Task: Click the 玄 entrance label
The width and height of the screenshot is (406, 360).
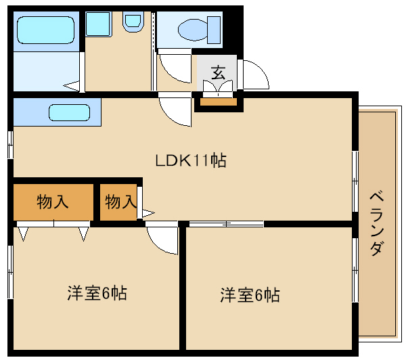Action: pyautogui.click(x=217, y=72)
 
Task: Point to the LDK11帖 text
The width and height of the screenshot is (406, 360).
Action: pyautogui.click(x=190, y=161)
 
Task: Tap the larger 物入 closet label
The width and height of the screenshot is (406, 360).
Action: pyautogui.click(x=52, y=202)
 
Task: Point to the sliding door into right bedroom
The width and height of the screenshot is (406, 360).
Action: pyautogui.click(x=226, y=223)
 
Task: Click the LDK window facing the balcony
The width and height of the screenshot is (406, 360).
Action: pyautogui.click(x=355, y=180)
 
